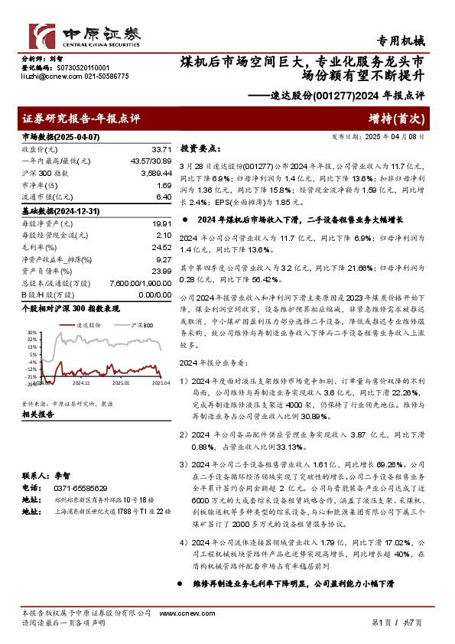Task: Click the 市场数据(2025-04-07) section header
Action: click(60, 136)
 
